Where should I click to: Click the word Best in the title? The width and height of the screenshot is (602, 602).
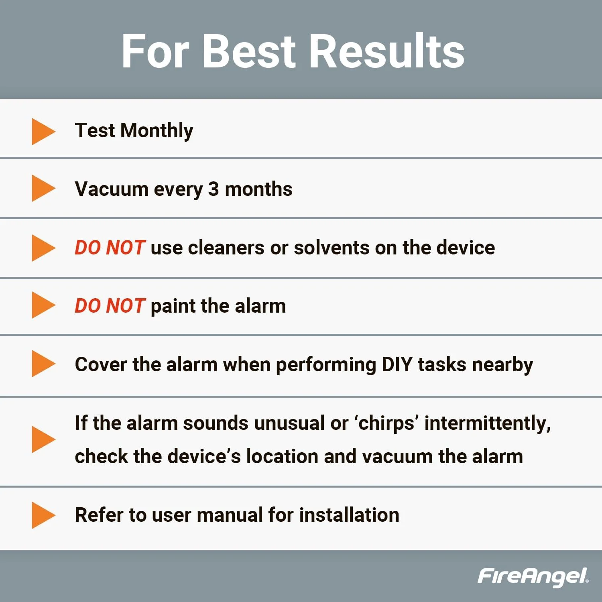click(249, 51)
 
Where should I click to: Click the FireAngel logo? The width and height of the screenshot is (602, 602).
click(533, 577)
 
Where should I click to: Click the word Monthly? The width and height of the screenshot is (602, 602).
click(157, 131)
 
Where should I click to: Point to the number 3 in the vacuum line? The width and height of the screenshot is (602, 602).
click(214, 189)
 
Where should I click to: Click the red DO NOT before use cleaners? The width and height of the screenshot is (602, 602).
click(110, 248)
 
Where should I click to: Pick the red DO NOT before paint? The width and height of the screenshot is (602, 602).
click(110, 306)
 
